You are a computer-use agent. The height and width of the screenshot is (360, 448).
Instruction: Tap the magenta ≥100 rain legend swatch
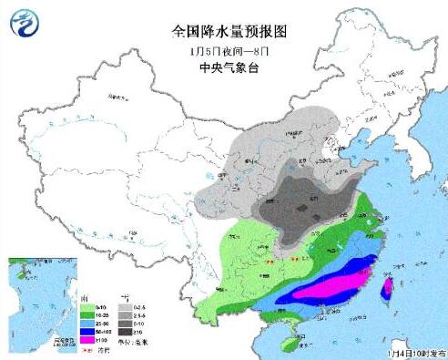tap(87, 339)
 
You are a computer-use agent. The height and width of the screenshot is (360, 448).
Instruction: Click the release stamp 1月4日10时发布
tap(414, 351)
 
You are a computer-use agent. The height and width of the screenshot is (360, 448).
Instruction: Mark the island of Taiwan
tap(386, 291)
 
